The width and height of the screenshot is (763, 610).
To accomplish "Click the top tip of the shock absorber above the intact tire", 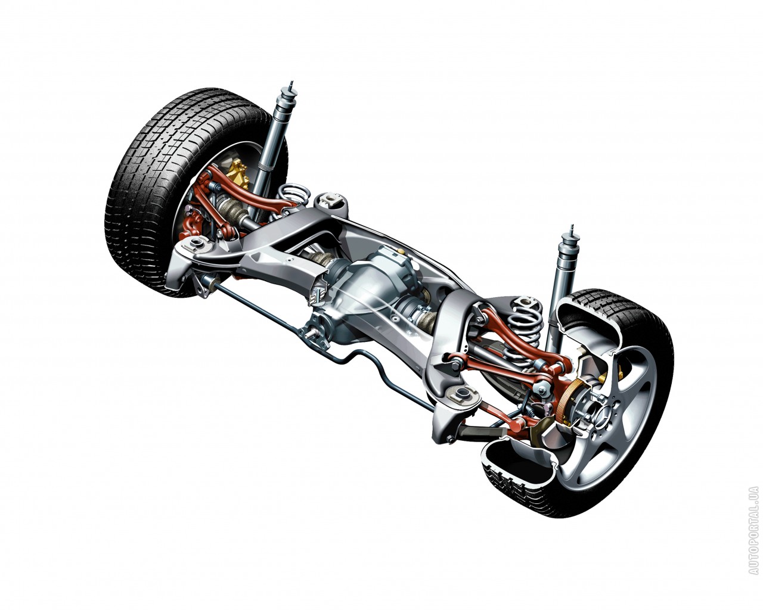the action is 291,82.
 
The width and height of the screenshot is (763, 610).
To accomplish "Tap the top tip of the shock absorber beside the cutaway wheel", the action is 572,226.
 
